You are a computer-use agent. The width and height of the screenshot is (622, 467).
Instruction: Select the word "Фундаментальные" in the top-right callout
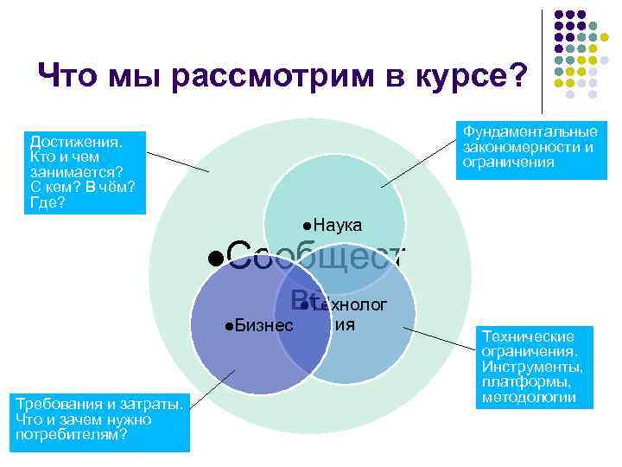tap(530, 131)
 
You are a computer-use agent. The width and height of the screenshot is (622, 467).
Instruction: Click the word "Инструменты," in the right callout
tap(532, 366)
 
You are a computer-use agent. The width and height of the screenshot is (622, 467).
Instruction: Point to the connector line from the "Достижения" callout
tap(177, 162)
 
